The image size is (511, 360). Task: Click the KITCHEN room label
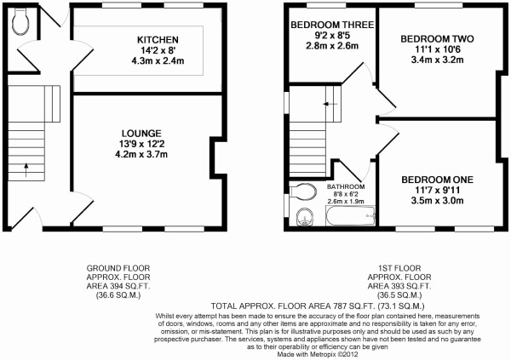click(x=158, y=40)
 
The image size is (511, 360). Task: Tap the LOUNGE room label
click(x=141, y=134)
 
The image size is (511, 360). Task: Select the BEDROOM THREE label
click(x=332, y=25)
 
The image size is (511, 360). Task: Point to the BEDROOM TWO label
click(x=437, y=39)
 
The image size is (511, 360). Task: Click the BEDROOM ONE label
click(x=438, y=180)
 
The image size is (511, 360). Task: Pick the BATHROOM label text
click(x=346, y=186)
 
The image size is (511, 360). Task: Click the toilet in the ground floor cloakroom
click(x=20, y=21)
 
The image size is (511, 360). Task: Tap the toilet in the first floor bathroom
click(x=303, y=191)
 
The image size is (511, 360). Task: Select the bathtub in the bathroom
click(x=351, y=215)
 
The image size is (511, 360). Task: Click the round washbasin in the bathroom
click(x=305, y=217)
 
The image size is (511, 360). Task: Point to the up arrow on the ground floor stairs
click(x=26, y=170)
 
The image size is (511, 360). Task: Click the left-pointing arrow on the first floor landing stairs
click(x=330, y=104)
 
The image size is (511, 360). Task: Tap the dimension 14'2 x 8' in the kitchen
click(x=158, y=50)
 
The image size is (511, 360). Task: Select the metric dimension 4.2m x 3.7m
click(x=141, y=154)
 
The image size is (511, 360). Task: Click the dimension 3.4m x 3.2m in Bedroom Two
click(x=437, y=60)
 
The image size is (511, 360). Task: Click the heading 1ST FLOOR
click(x=399, y=268)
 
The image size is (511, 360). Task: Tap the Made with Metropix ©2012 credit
click(x=318, y=354)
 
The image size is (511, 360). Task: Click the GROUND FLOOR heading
click(x=118, y=268)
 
